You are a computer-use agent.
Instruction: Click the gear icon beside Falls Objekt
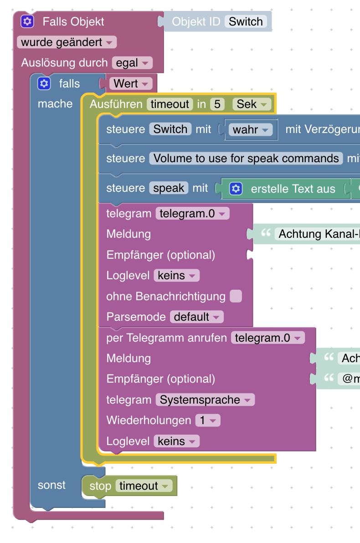27,21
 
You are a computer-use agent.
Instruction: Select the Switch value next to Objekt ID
246,21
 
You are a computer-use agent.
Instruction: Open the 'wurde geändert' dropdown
67,42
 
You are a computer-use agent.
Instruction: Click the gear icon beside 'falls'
44,83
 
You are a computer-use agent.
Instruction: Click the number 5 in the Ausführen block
217,104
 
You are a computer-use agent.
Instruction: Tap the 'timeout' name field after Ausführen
170,104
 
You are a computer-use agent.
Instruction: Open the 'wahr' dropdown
250,130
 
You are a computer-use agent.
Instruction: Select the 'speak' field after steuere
169,188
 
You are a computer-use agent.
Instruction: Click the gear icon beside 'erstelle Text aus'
236,189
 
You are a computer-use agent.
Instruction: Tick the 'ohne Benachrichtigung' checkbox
236,297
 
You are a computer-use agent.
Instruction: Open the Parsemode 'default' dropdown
197,317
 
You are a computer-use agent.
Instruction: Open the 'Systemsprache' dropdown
205,400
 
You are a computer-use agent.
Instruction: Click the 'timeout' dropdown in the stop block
144,486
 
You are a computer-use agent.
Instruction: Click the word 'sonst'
51,485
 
